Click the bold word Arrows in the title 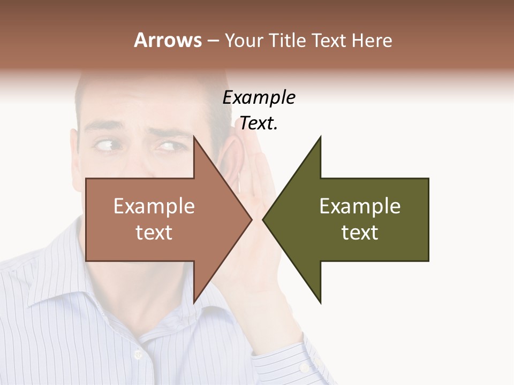(168, 40)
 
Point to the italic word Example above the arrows (259, 98)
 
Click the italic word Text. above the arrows (259, 124)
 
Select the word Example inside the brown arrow (154, 206)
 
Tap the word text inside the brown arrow (154, 233)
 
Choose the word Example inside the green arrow (360, 206)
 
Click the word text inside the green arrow (360, 233)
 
